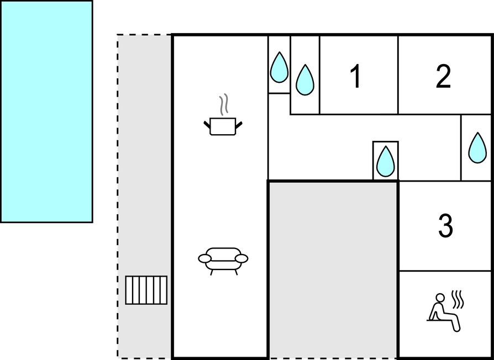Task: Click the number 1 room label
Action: tap(356, 76)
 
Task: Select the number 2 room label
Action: tap(443, 76)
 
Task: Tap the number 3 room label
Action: tap(445, 225)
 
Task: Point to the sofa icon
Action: tap(223, 261)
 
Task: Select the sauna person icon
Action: tap(445, 311)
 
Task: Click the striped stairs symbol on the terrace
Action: tap(146, 290)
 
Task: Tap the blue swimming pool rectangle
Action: tap(46, 112)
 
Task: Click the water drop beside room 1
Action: tap(304, 80)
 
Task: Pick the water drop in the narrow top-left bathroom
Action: tap(279, 68)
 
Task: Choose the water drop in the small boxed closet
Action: tap(386, 161)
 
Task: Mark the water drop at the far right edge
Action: tap(477, 148)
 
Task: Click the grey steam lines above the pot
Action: tap(223, 104)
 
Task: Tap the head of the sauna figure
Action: tap(440, 298)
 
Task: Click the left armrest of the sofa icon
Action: tap(204, 258)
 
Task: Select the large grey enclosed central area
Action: tap(333, 269)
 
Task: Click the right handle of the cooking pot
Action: tap(239, 124)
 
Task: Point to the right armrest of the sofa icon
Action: tap(242, 258)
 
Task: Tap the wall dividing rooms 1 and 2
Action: tap(398, 75)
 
